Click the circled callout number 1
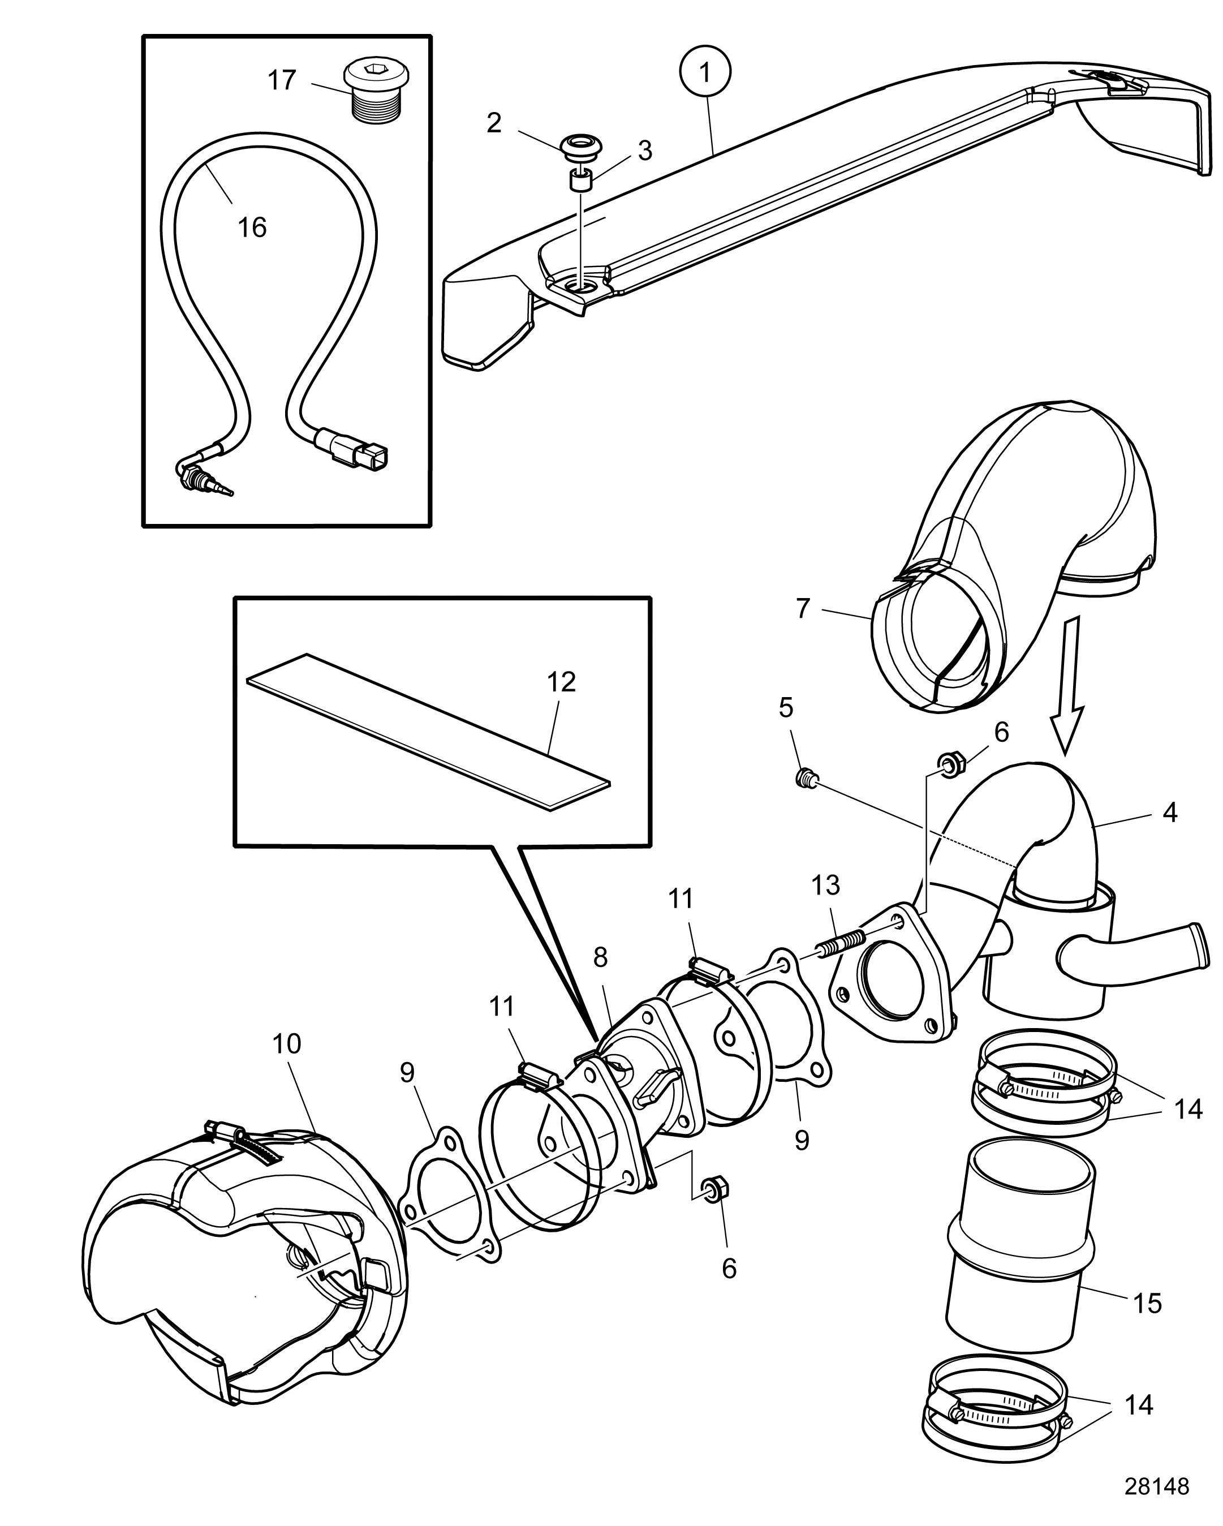[x=705, y=71]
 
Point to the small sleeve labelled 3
[x=580, y=180]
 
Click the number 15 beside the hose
[x=1148, y=1303]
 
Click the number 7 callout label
[x=802, y=608]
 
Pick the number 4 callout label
[x=1170, y=813]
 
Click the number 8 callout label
[x=600, y=958]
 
